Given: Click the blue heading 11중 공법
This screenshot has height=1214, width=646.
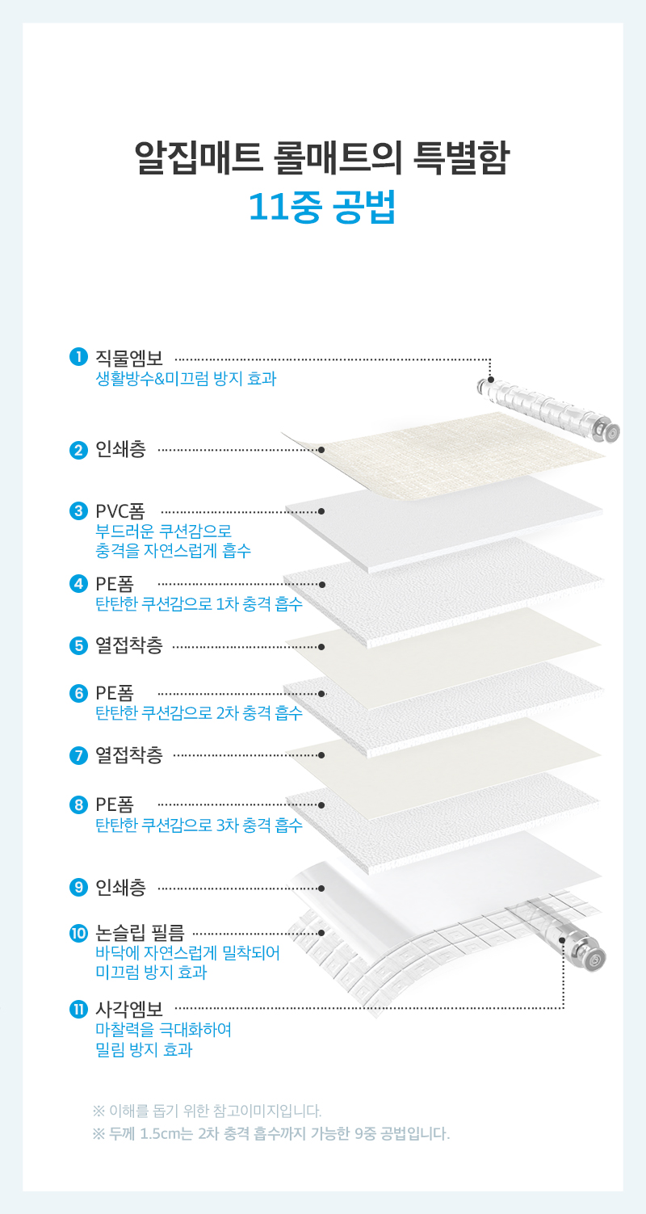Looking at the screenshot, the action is click(x=322, y=207).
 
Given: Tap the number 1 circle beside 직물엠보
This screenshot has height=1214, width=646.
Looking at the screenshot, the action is click(x=78, y=357).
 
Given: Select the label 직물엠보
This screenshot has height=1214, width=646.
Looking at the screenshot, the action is click(x=129, y=358).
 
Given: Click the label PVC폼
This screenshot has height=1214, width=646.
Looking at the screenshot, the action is click(x=120, y=511).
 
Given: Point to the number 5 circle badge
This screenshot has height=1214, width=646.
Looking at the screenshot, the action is click(x=78, y=646).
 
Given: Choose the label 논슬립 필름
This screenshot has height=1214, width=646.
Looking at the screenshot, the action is click(x=140, y=933).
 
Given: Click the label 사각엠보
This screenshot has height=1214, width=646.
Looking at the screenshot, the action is click(x=129, y=1009).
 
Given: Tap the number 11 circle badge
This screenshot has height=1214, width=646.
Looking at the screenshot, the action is click(x=78, y=1009).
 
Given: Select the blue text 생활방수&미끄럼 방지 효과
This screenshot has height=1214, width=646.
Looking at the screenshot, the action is click(x=186, y=378).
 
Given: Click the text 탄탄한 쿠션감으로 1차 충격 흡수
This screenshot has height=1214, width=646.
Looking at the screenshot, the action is click(x=199, y=603).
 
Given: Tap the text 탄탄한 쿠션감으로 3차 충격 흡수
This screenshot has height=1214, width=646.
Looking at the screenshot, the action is click(x=199, y=825).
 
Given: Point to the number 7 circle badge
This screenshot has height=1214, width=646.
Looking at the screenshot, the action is click(x=78, y=755).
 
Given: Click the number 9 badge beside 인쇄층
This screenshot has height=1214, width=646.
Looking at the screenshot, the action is click(x=78, y=887).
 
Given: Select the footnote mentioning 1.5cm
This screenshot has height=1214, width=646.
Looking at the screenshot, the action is click(x=271, y=1133).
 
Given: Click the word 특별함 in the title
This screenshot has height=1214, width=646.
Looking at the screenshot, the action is click(x=461, y=158).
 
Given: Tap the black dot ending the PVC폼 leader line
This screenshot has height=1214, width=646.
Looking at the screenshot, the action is click(x=321, y=511).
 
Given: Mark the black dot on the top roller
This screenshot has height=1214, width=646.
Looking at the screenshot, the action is click(x=490, y=380).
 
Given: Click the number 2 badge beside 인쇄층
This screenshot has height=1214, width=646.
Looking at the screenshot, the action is click(x=78, y=450).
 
